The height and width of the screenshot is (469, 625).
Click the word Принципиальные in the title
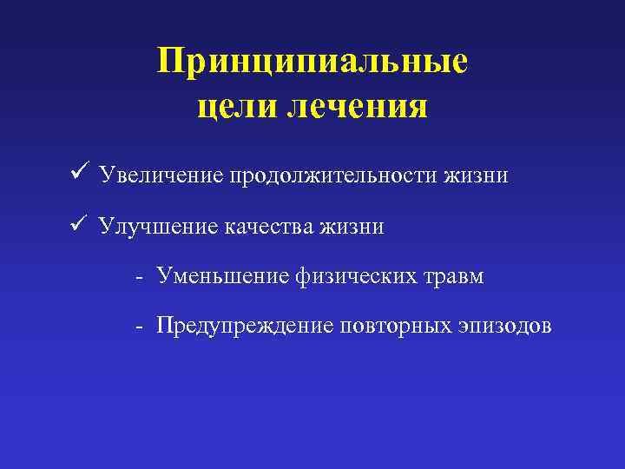[x=312, y=62]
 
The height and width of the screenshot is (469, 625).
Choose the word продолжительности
[x=334, y=176]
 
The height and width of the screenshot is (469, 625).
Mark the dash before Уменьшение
[x=139, y=278]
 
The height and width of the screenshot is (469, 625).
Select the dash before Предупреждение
[x=139, y=327]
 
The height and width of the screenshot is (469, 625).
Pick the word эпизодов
[x=508, y=327]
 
